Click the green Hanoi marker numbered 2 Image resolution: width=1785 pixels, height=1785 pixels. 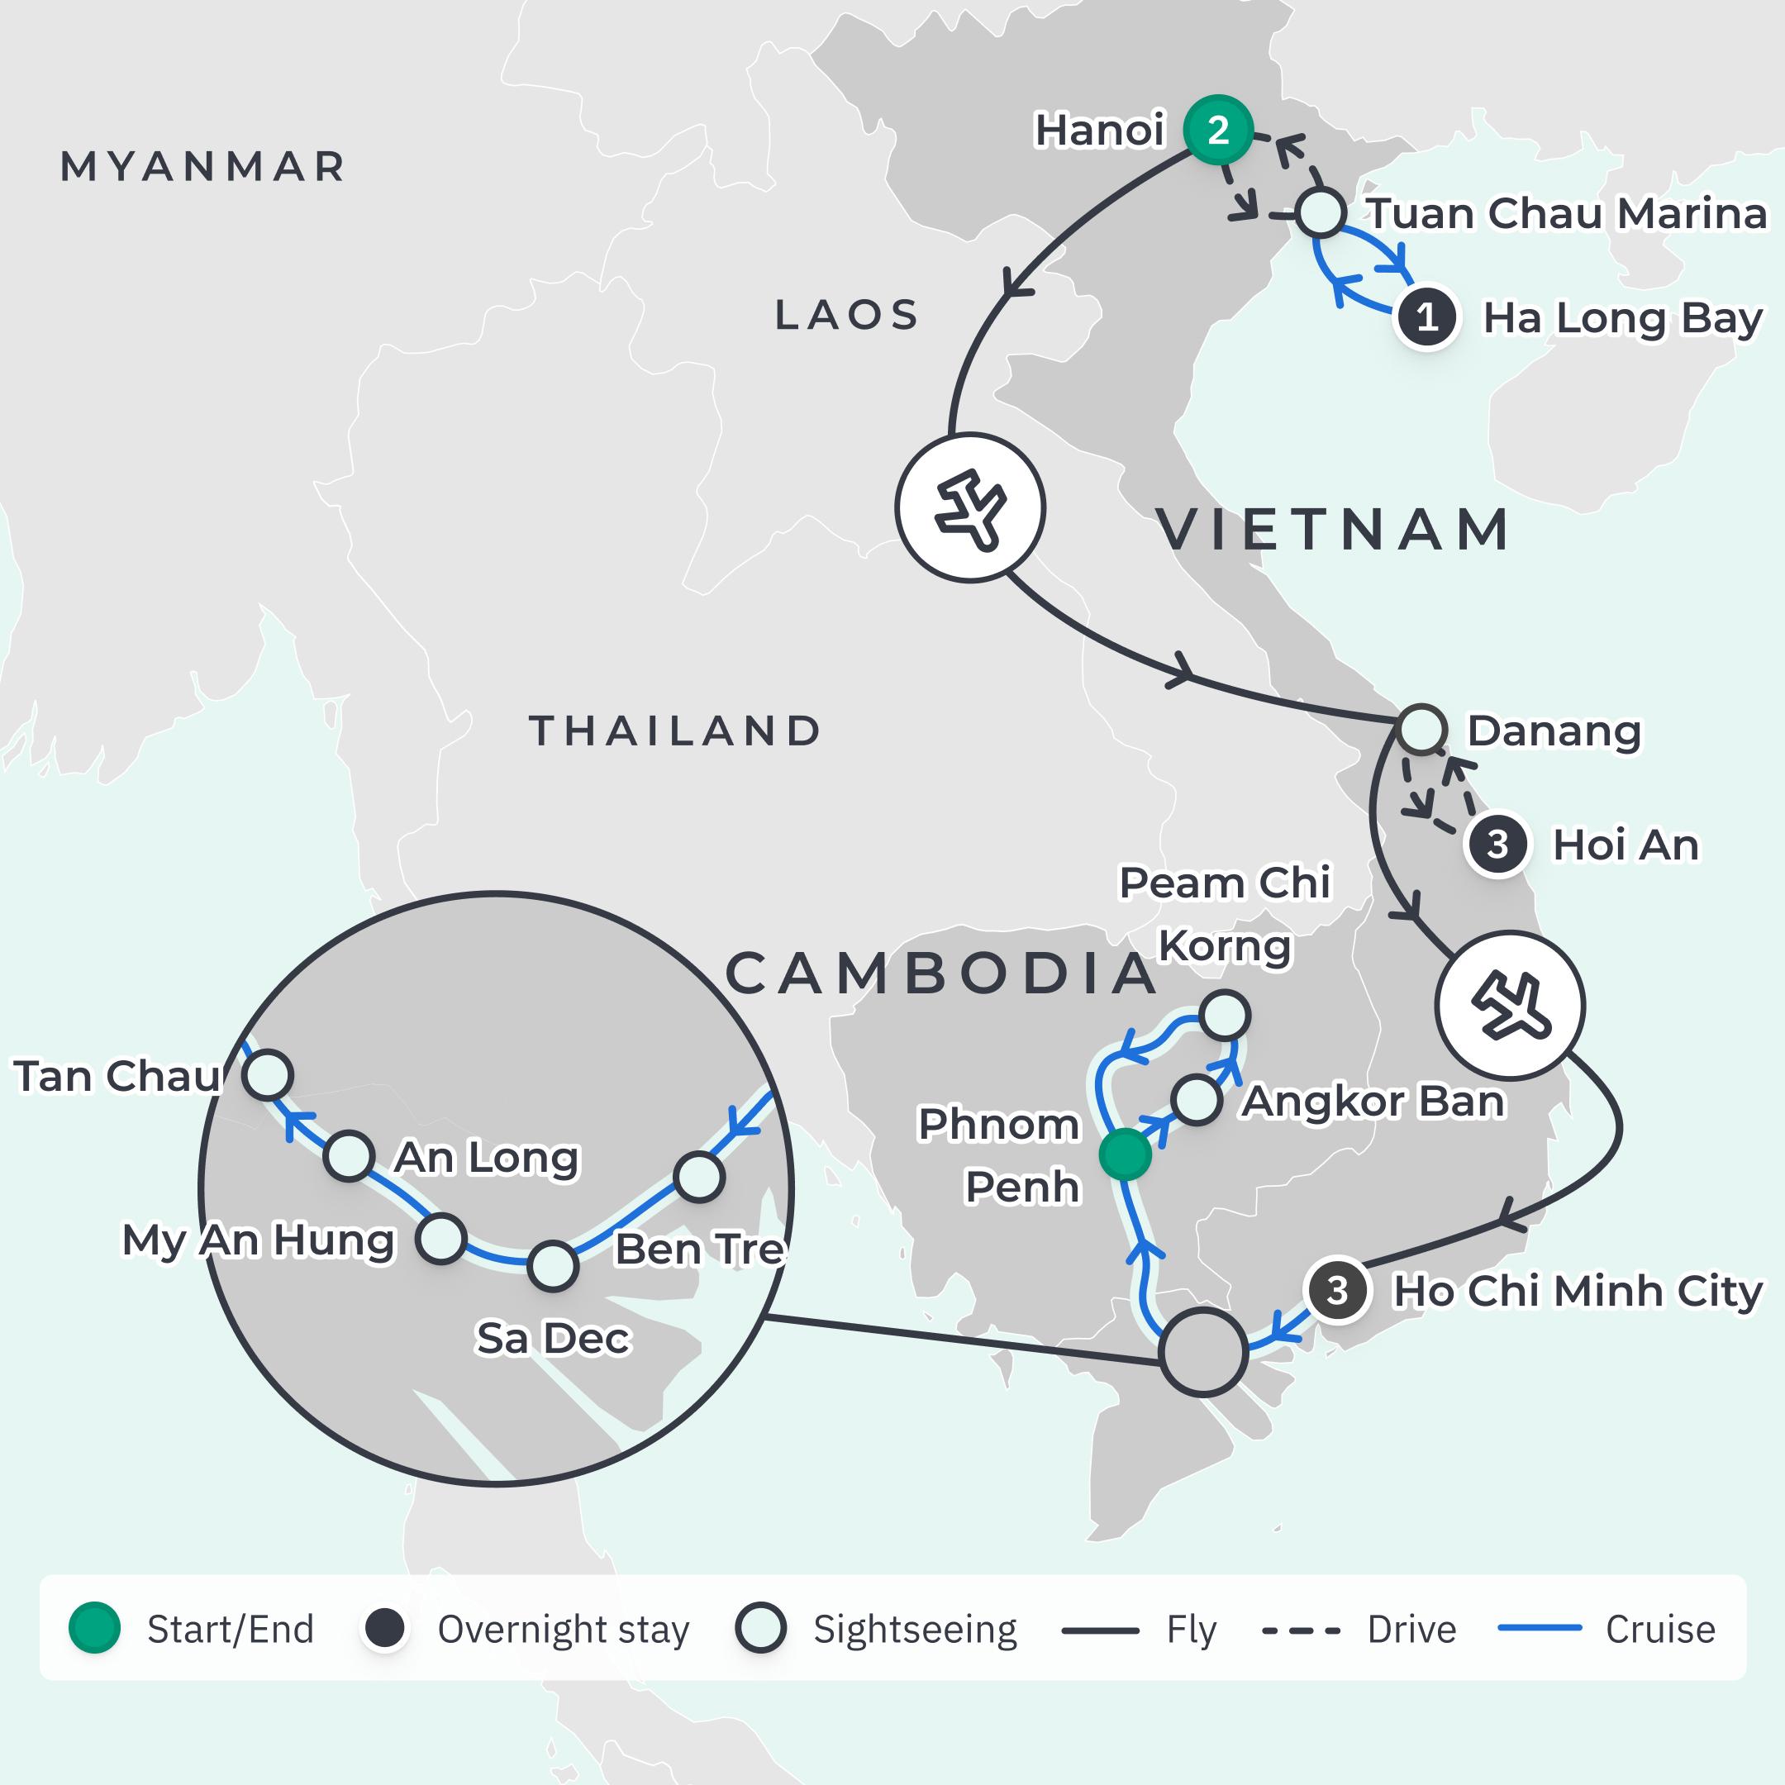coord(1218,131)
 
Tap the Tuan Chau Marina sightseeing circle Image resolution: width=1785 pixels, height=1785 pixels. coord(1321,213)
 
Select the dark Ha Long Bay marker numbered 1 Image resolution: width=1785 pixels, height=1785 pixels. coord(1426,317)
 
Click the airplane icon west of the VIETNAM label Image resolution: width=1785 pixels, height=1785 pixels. coord(970,507)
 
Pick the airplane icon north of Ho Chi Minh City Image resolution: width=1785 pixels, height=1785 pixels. coord(1510,1005)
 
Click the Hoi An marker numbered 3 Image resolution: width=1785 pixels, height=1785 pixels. coord(1497,844)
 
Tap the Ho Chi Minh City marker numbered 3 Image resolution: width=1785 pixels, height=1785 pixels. coord(1336,1290)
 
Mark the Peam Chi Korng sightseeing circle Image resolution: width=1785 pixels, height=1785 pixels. coord(1225,1016)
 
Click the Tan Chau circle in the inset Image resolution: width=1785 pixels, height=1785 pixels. coord(268,1074)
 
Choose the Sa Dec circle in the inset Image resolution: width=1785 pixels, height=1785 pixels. coord(553,1266)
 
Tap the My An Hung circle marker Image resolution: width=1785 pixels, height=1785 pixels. coord(440,1239)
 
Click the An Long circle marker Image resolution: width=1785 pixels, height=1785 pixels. coord(348,1156)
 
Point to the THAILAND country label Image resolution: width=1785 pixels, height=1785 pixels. coord(674,731)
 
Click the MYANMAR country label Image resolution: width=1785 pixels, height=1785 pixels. coord(202,167)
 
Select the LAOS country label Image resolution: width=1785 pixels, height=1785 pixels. coord(846,315)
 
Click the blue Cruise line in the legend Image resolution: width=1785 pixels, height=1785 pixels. coord(1540,1628)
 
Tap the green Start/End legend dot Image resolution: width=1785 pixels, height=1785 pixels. coord(95,1628)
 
